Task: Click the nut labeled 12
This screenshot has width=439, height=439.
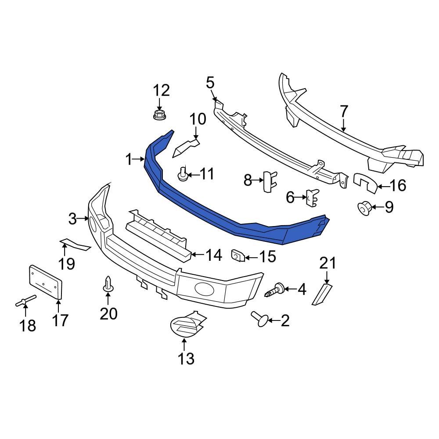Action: [159, 115]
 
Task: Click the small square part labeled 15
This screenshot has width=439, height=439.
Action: [237, 255]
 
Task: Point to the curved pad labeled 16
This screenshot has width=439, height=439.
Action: [366, 183]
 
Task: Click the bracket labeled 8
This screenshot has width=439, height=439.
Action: [268, 181]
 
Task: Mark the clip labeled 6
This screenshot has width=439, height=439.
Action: [312, 198]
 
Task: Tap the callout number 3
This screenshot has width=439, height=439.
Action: [73, 218]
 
